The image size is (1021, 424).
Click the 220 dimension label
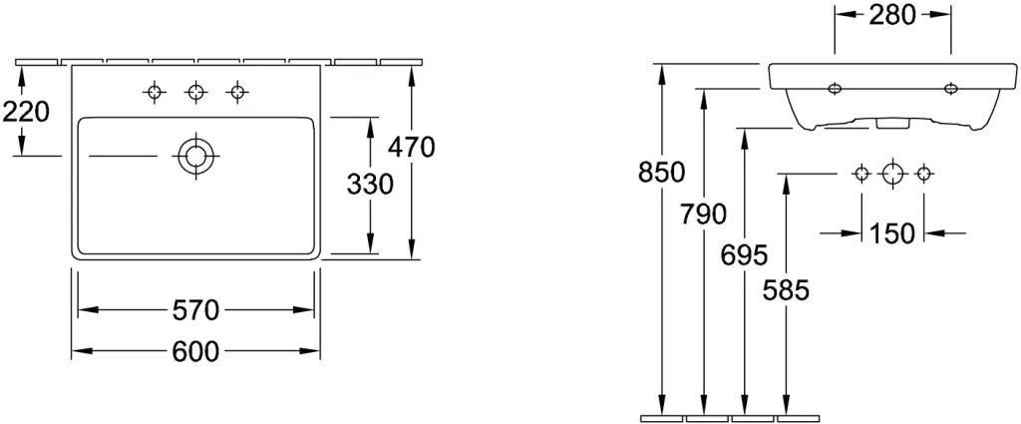(x=26, y=113)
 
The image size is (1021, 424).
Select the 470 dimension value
(x=411, y=148)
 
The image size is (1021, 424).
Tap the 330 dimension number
(x=370, y=185)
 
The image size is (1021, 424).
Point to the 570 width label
(x=195, y=310)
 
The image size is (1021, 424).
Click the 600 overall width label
(x=195, y=352)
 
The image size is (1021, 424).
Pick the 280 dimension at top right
(x=892, y=15)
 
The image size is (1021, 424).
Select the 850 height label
(x=662, y=173)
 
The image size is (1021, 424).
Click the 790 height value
(x=703, y=213)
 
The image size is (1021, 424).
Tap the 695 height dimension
(x=744, y=255)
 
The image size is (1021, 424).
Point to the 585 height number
(x=786, y=290)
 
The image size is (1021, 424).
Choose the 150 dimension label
(x=892, y=232)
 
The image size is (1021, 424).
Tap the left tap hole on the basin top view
(x=154, y=92)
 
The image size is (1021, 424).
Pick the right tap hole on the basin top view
(x=237, y=92)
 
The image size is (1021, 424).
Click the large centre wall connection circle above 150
(x=892, y=174)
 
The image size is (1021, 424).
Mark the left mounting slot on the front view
(x=835, y=88)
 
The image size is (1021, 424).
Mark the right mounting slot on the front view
(x=950, y=88)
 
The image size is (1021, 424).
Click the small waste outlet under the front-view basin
(x=885, y=123)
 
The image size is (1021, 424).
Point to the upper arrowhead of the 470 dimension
(x=411, y=74)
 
